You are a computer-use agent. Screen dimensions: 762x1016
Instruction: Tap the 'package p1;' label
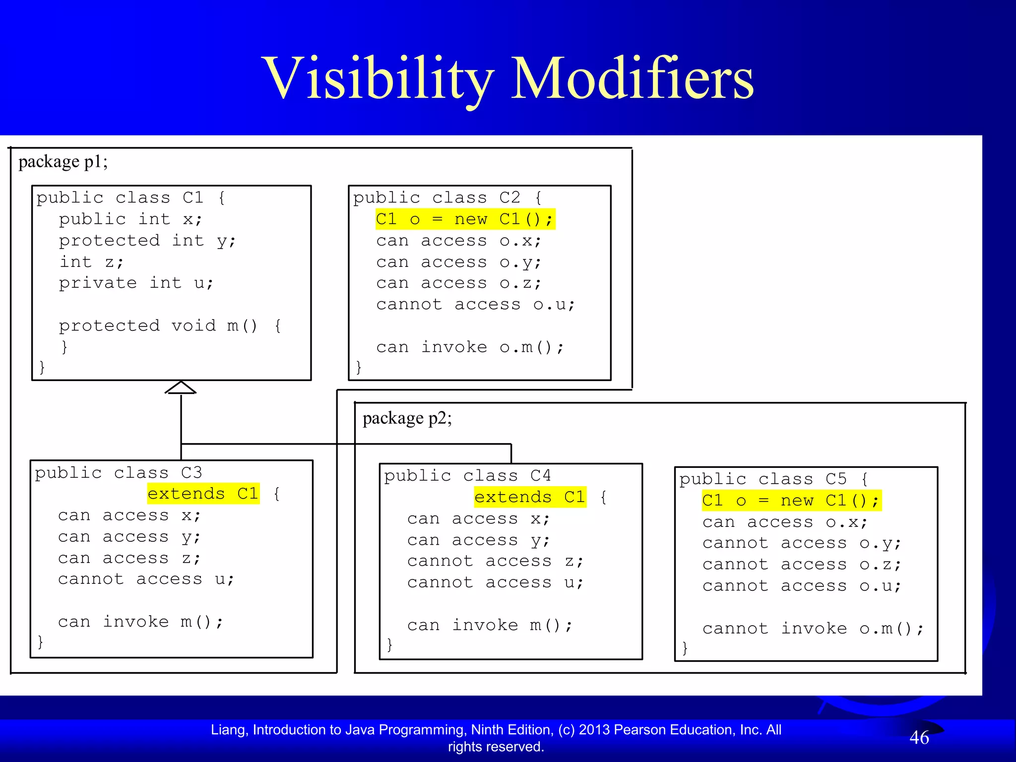click(63, 162)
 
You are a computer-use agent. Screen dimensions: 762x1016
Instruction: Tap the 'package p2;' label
click(407, 418)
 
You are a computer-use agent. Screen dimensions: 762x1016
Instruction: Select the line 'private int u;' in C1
click(136, 283)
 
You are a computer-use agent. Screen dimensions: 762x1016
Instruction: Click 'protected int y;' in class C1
click(147, 241)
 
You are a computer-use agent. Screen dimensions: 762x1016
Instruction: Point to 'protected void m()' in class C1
click(158, 326)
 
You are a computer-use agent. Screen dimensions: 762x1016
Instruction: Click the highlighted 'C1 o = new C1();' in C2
click(465, 219)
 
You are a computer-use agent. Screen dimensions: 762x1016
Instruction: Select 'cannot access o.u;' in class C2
click(475, 305)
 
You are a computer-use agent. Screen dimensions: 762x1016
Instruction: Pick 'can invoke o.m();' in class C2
click(470, 347)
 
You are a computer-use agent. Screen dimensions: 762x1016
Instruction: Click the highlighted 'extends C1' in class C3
click(203, 494)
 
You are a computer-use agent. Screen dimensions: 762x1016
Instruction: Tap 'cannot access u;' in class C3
click(146, 579)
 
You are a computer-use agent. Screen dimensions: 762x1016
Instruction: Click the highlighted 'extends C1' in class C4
click(530, 497)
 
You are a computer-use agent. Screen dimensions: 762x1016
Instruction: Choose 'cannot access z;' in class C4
click(495, 562)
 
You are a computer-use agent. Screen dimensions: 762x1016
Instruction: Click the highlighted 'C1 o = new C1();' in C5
click(791, 501)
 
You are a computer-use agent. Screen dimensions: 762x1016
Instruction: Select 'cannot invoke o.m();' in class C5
click(813, 629)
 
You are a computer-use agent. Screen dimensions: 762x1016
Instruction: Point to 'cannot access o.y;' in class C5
click(801, 543)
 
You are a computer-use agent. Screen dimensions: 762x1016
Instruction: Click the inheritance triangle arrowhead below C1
click(181, 388)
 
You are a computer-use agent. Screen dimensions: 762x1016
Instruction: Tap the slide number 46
click(919, 738)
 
